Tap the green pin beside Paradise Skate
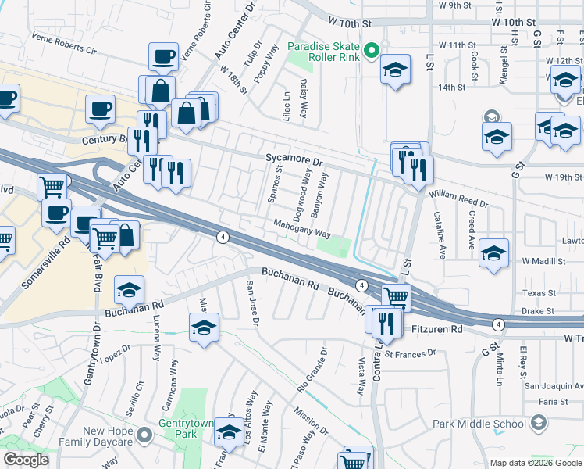372,53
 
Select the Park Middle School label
479,424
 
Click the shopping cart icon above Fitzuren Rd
396,296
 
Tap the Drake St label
539,310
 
